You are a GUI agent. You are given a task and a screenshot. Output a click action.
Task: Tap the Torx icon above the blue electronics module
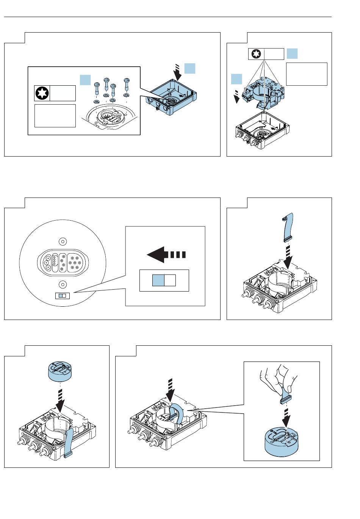(x=256, y=54)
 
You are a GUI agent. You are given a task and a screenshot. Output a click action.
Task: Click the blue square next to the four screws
(x=85, y=80)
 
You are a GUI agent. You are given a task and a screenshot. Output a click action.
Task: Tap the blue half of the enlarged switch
(x=158, y=280)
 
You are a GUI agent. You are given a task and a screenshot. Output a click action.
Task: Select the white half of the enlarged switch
(x=170, y=280)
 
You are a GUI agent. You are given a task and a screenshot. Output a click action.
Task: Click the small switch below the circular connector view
(x=62, y=295)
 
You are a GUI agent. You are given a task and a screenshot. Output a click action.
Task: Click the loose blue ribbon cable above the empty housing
(x=288, y=227)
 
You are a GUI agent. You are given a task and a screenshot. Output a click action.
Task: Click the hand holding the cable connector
(x=279, y=379)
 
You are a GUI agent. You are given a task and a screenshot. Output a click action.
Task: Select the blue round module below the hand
(x=282, y=442)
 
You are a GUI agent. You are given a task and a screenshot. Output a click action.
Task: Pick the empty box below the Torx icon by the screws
(x=55, y=116)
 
